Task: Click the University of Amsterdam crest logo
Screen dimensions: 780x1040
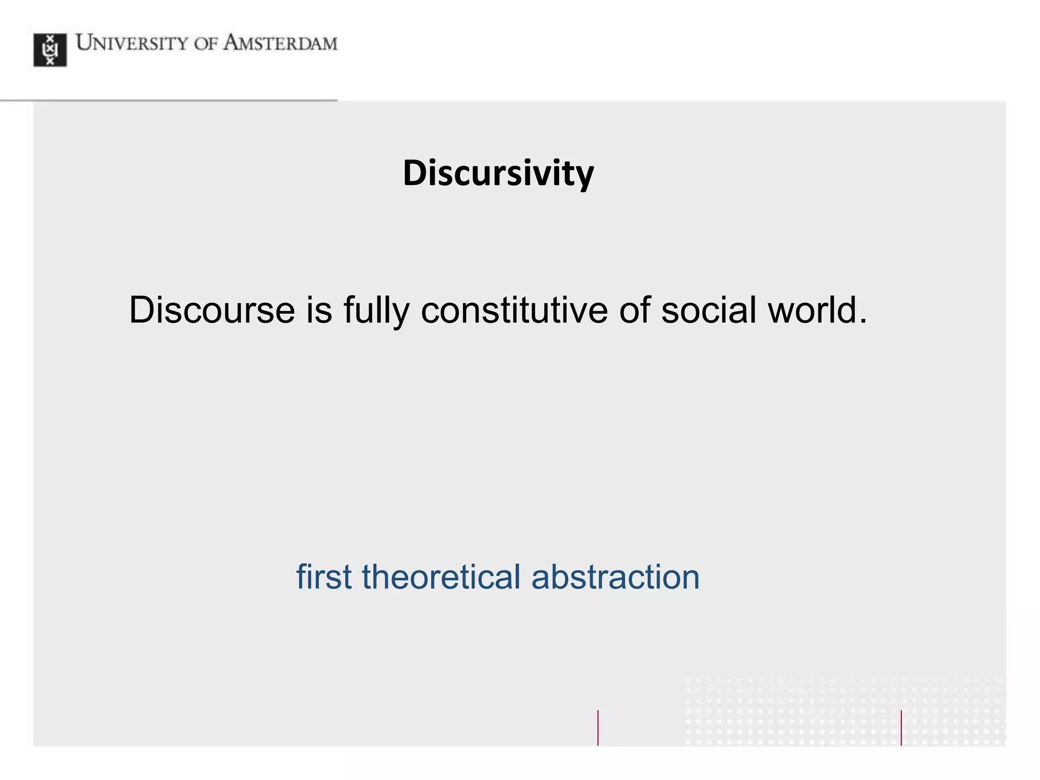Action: tap(50, 50)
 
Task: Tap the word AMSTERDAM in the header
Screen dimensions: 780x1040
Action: tap(280, 43)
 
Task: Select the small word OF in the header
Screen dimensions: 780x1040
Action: tap(205, 44)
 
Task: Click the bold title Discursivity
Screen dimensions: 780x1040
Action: tap(498, 173)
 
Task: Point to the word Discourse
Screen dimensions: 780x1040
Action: tap(212, 310)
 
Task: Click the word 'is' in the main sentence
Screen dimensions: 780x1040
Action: tap(319, 310)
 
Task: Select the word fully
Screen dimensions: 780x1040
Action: tap(376, 311)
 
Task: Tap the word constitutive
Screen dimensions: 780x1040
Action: tap(514, 310)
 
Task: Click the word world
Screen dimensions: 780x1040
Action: tap(812, 310)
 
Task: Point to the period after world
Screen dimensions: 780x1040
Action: tap(863, 321)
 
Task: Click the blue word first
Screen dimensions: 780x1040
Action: tap(324, 577)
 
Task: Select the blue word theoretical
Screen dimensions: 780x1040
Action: tap(441, 577)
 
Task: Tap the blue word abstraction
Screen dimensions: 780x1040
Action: tap(615, 577)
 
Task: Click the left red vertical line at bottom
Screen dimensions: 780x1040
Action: tap(598, 727)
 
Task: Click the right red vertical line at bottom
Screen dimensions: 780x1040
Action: tap(901, 727)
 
